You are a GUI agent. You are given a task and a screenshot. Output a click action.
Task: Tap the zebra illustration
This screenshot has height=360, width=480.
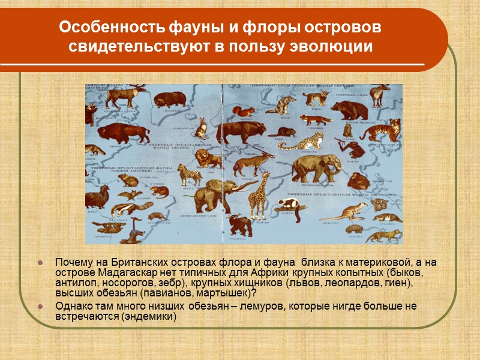192,176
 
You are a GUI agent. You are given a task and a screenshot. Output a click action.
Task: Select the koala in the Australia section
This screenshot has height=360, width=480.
380,206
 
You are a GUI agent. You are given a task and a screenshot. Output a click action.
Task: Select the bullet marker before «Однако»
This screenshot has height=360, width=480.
40,307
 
